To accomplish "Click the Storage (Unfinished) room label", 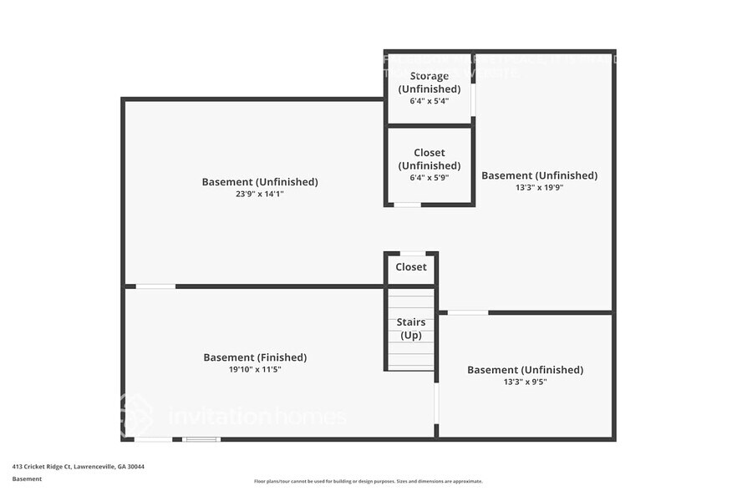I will coord(429,83).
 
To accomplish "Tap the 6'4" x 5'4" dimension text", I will coord(429,101).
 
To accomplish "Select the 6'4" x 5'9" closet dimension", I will coord(429,178).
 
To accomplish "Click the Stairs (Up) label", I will coord(410,328).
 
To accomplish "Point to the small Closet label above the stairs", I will coord(410,267).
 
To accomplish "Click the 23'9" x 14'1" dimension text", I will coord(260,194).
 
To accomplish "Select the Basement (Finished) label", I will coord(255,357).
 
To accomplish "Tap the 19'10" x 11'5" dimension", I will coord(255,369).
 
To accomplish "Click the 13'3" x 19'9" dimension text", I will coord(539,188).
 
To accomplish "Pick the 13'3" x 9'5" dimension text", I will coord(525,382).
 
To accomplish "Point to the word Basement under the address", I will coord(27,479).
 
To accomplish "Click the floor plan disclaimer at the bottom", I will coord(368,481).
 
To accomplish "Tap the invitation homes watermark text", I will coord(257,416).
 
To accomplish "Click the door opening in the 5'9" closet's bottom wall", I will coord(407,205).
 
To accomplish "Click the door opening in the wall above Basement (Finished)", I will coord(155,286).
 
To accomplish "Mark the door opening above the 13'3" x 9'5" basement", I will coord(467,312).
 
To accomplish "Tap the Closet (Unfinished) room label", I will coord(429,159).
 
